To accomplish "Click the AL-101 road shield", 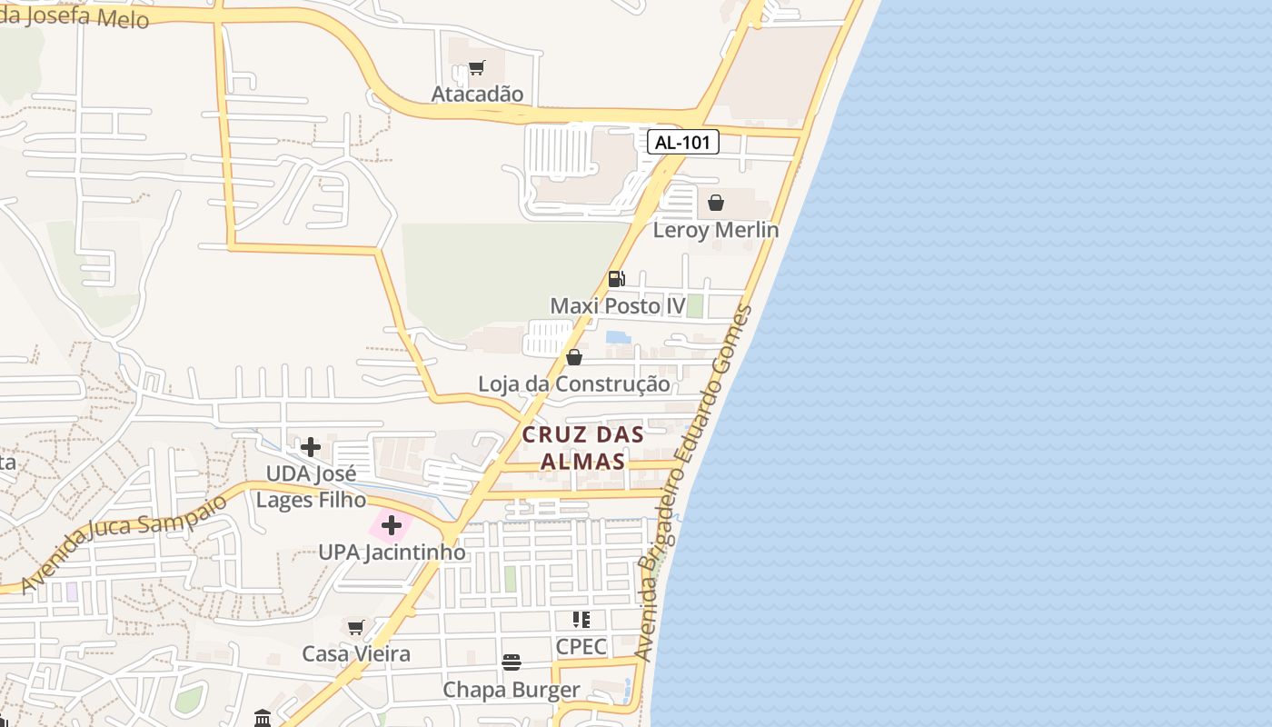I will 683,142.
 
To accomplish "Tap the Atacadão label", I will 477,95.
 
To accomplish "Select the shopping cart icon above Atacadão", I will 477,68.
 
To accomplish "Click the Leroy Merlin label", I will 716,230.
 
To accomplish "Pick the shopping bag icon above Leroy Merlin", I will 716,203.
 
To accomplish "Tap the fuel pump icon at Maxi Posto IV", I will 616,279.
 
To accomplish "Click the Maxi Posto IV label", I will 618,306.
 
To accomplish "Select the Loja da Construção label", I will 574,384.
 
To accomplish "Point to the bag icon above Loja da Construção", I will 574,357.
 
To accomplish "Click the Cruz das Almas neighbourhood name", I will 583,448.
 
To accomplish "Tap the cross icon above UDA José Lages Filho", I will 311,446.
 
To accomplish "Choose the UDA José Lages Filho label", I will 311,487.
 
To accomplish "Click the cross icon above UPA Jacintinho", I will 392,525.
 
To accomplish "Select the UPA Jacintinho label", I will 392,553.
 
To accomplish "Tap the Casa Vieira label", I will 356,654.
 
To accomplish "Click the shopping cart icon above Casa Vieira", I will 356,627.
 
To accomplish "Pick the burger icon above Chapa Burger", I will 512,662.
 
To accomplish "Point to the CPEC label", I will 581,647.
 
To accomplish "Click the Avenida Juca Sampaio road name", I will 124,543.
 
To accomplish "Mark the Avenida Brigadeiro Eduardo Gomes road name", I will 694,482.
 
